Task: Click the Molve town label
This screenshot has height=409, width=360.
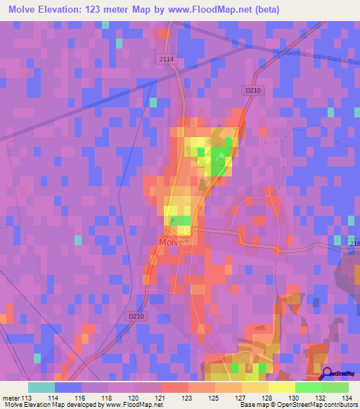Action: (172, 242)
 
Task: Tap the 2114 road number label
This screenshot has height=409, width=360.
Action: (166, 60)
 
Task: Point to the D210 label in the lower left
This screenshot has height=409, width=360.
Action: (137, 317)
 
